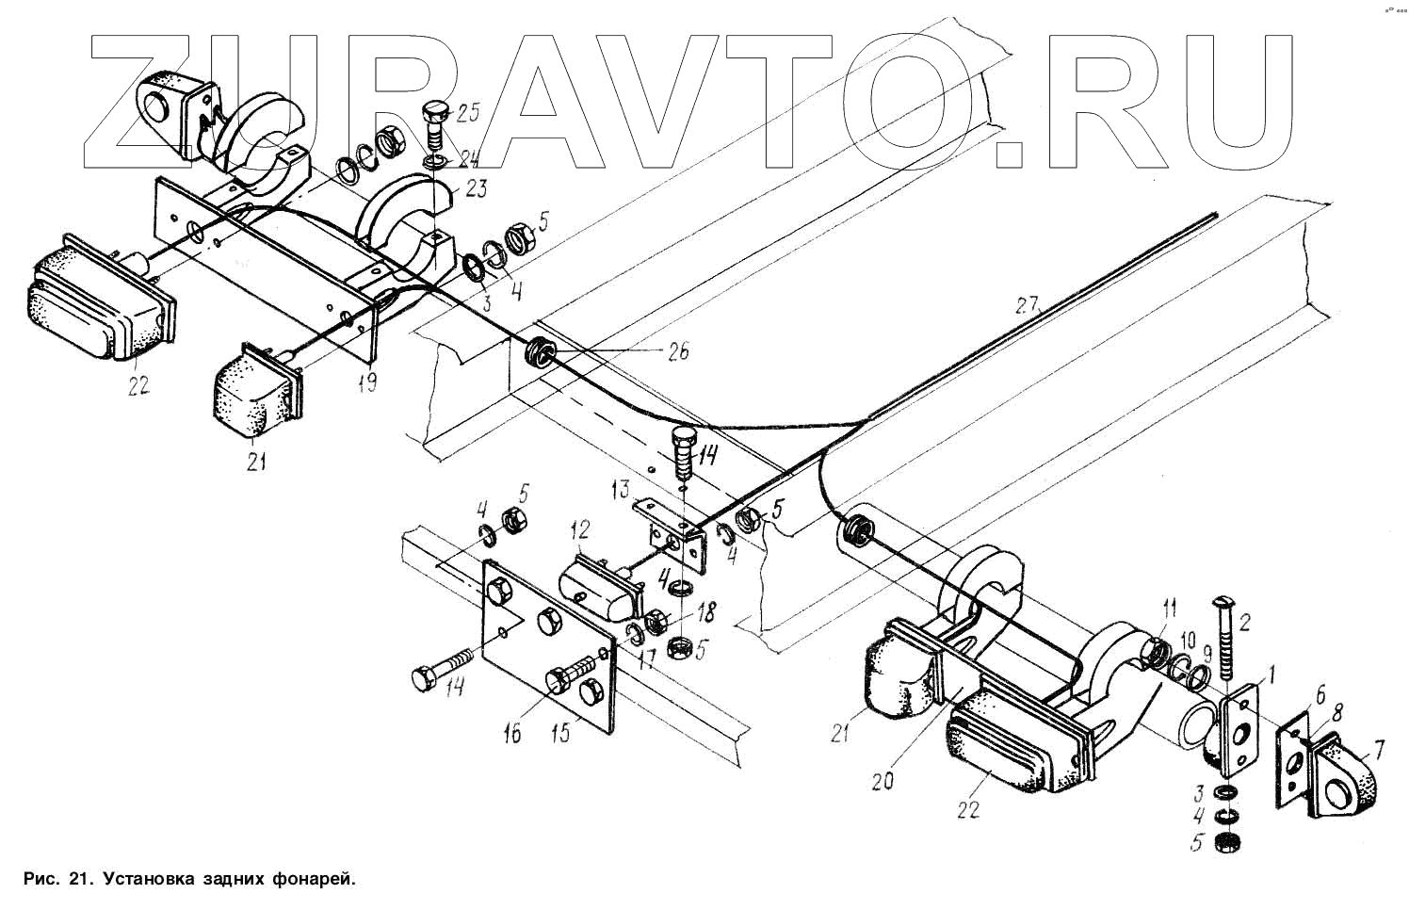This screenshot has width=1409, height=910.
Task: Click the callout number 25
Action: pyautogui.click(x=468, y=114)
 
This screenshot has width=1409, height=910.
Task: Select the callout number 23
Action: pyautogui.click(x=475, y=188)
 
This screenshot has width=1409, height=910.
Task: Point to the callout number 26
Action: pyautogui.click(x=676, y=351)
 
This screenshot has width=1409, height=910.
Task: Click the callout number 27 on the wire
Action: pyautogui.click(x=1027, y=304)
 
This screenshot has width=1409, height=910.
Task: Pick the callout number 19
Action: pyautogui.click(x=368, y=382)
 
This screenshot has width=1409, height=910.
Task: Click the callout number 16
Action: pyautogui.click(x=512, y=733)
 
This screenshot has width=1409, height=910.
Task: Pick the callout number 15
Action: pyautogui.click(x=561, y=733)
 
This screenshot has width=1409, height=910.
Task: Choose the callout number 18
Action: pyautogui.click(x=704, y=613)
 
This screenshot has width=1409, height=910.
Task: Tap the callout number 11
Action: pyautogui.click(x=1169, y=607)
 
